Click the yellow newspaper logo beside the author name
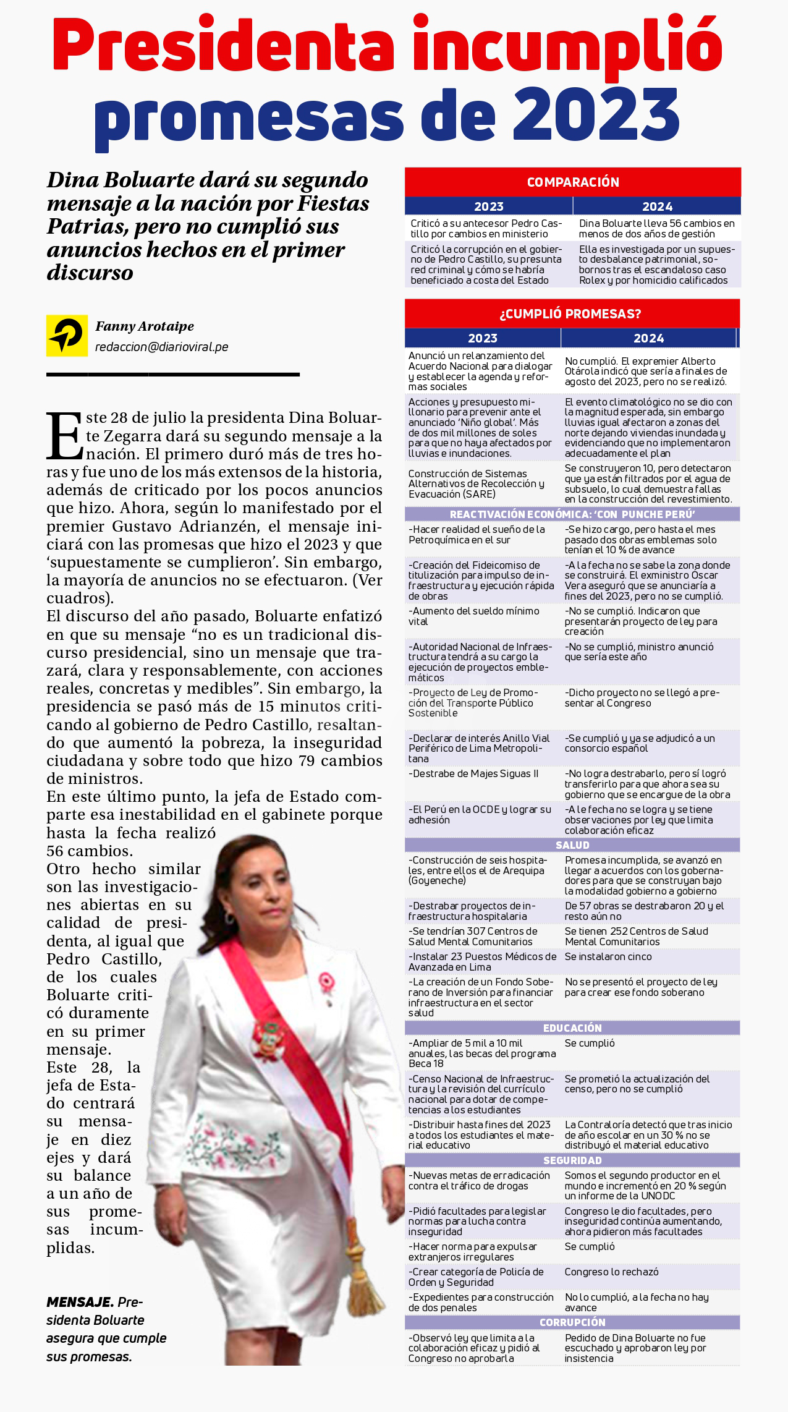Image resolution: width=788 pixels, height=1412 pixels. pos(67,336)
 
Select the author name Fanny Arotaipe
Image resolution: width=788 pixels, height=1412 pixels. pos(145,326)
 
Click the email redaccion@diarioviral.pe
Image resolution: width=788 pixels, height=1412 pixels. pos(162,347)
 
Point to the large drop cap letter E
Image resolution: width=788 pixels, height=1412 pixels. pos(64,436)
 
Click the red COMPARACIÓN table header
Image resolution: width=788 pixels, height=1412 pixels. pos(573,182)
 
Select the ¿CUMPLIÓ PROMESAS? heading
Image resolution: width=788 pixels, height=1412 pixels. pos(570,313)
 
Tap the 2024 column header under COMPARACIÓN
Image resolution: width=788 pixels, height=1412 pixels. pos(657,206)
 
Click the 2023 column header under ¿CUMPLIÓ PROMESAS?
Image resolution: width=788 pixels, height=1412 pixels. pos(483,338)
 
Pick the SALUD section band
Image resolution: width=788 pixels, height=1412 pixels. pos(572,845)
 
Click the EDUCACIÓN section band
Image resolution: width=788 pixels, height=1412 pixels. pos(572,1028)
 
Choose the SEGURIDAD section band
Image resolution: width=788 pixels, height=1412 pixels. pos(572,1160)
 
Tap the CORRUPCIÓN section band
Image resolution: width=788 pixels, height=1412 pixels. pos(572,1322)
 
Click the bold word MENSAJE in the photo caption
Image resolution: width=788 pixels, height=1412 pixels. pos(80,1302)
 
